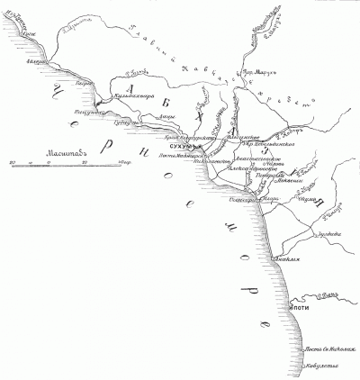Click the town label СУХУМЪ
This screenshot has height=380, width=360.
[x=184, y=146]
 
